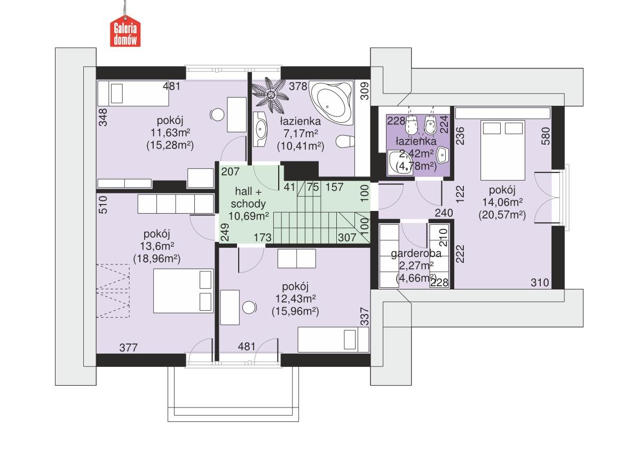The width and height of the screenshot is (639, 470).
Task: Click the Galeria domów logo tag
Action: (x=125, y=33)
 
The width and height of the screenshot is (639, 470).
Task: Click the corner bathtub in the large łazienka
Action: (x=333, y=101)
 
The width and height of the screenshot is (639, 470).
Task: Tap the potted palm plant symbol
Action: (x=271, y=96)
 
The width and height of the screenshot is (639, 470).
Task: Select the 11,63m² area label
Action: (x=170, y=132)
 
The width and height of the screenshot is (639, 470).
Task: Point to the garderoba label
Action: (x=413, y=254)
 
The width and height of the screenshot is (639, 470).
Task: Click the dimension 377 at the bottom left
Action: (x=128, y=348)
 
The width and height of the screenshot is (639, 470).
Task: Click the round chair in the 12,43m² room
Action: (x=248, y=308)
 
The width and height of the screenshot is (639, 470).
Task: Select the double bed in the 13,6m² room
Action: (x=183, y=291)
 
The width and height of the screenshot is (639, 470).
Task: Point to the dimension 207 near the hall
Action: (x=230, y=173)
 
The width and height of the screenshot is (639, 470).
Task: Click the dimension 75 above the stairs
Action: (x=313, y=187)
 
